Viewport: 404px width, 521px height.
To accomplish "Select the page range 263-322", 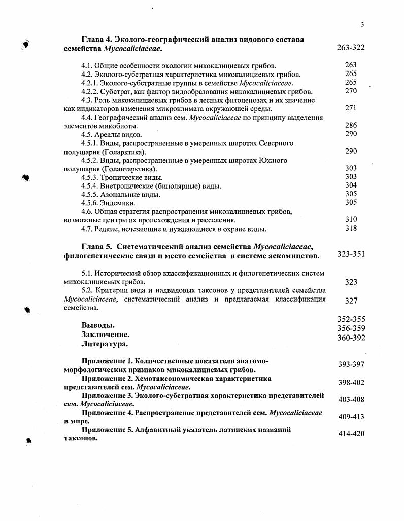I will pos(351,48).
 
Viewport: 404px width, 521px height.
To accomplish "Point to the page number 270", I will pos(351,91).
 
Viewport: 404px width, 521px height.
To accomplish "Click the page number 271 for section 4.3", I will pos(351,108).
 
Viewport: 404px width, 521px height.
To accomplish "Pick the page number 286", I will pos(351,125).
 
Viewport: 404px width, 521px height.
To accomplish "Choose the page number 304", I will pos(351,185).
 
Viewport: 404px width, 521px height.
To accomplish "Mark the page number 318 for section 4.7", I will pos(351,228).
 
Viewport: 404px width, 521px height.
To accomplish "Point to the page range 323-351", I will pos(351,254).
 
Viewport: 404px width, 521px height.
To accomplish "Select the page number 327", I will pos(351,301).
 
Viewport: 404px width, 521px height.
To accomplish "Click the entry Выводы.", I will pos(97,325).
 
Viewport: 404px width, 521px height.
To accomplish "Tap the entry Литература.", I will pos(105,344).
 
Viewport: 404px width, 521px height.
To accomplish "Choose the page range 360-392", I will pos(351,338).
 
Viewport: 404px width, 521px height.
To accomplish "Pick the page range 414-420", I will pos(351,434).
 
